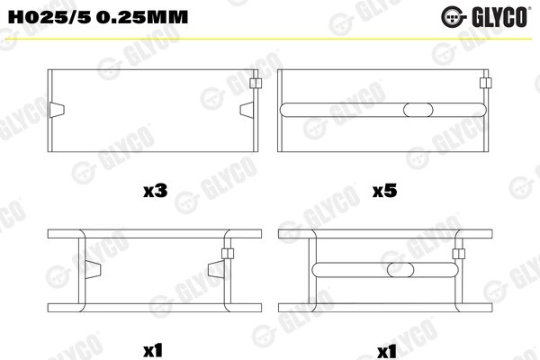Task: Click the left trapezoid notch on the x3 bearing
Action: [58, 110]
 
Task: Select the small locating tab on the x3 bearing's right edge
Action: [256, 84]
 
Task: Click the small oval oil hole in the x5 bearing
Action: [418, 110]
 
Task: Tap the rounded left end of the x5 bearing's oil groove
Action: [288, 110]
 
